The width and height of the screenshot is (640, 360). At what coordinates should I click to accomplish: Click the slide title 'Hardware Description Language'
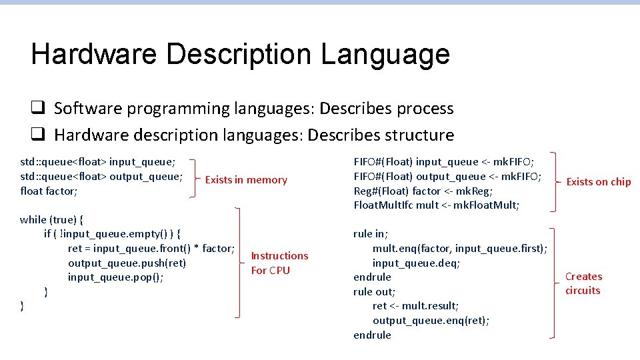pyautogui.click(x=240, y=55)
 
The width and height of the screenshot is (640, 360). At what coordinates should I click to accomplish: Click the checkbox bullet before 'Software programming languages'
pyautogui.click(x=37, y=108)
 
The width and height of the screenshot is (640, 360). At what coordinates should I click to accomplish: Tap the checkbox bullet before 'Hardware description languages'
pyautogui.click(x=37, y=135)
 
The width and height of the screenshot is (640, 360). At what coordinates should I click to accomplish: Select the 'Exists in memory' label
pyautogui.click(x=246, y=180)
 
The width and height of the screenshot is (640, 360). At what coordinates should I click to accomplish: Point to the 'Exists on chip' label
pyautogui.click(x=598, y=182)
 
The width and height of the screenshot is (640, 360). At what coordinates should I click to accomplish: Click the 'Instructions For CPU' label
pyautogui.click(x=279, y=263)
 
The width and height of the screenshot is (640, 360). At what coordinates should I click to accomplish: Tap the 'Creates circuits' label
pyautogui.click(x=583, y=283)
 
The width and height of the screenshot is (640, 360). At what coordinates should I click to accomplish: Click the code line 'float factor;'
pyautogui.click(x=49, y=191)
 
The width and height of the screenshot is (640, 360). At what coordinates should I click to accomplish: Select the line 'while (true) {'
pyautogui.click(x=51, y=219)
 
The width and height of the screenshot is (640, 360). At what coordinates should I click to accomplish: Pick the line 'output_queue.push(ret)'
pyautogui.click(x=127, y=263)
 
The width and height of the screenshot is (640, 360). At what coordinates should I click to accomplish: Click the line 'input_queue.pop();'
pyautogui.click(x=115, y=277)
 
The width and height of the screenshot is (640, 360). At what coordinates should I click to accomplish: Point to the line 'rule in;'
pyautogui.click(x=371, y=234)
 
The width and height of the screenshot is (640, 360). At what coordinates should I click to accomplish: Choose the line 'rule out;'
pyautogui.click(x=374, y=291)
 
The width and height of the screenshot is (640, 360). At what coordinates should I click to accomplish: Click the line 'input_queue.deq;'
pyautogui.click(x=416, y=263)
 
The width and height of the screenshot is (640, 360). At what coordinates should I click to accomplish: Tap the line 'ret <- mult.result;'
pyautogui.click(x=415, y=306)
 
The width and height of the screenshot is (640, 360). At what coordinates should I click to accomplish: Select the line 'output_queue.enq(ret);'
pyautogui.click(x=431, y=321)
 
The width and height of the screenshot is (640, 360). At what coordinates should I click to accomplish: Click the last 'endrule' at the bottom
pyautogui.click(x=372, y=335)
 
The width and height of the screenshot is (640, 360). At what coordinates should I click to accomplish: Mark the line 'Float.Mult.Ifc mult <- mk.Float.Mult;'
pyautogui.click(x=435, y=205)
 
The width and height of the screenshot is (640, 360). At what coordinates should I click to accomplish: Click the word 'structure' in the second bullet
pyautogui.click(x=415, y=135)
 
